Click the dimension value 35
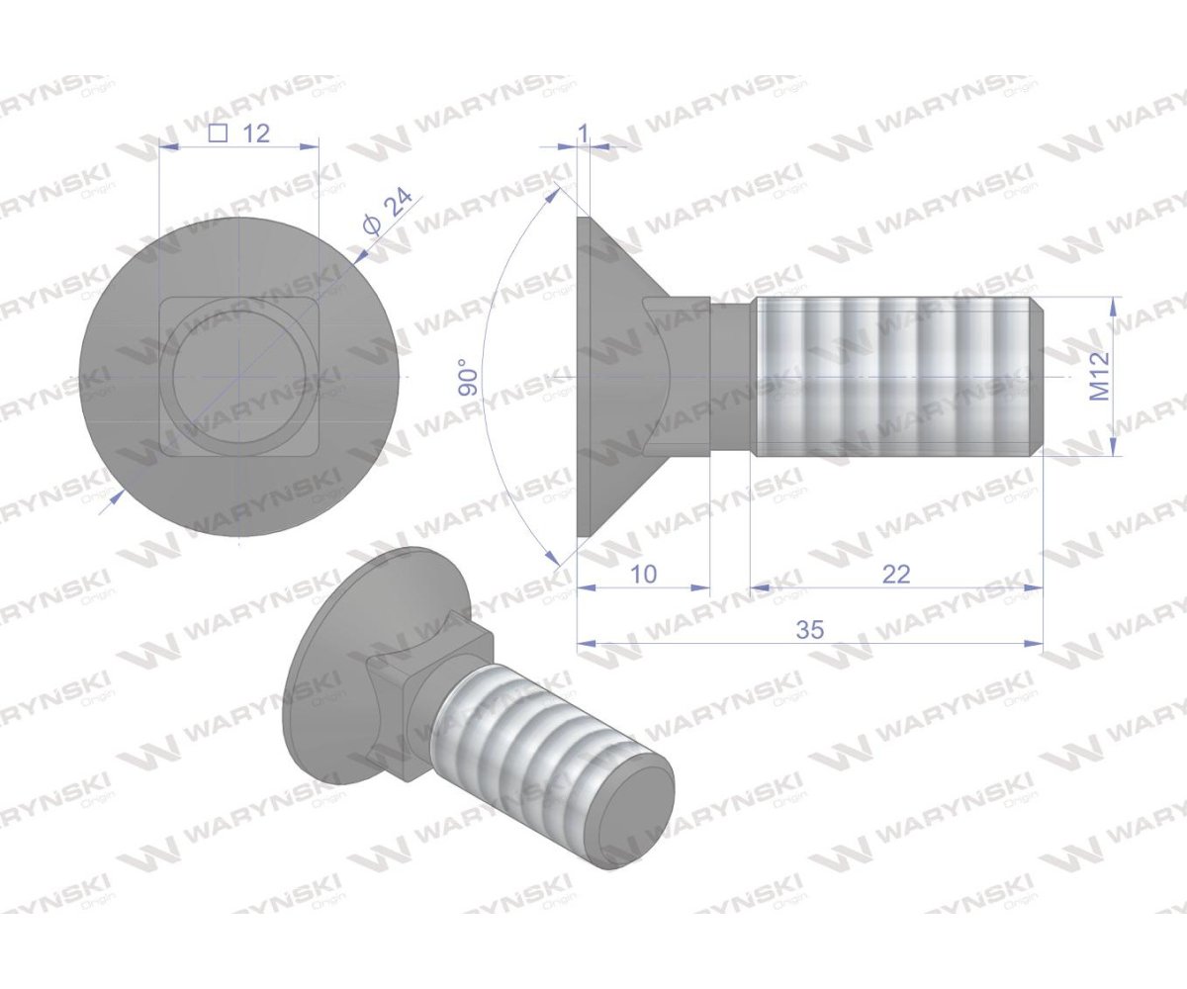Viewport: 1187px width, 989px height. pyautogui.click(x=809, y=630)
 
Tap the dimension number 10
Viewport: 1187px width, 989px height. pyautogui.click(x=643, y=574)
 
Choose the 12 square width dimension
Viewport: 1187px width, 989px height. pyautogui.click(x=255, y=134)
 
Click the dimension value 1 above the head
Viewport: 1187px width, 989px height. pyautogui.click(x=583, y=132)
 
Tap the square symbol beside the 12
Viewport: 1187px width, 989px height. pyautogui.click(x=221, y=134)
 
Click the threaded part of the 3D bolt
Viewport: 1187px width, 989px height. pyautogui.click(x=534, y=742)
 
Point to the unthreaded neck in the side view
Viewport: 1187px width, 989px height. pyautogui.click(x=732, y=376)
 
